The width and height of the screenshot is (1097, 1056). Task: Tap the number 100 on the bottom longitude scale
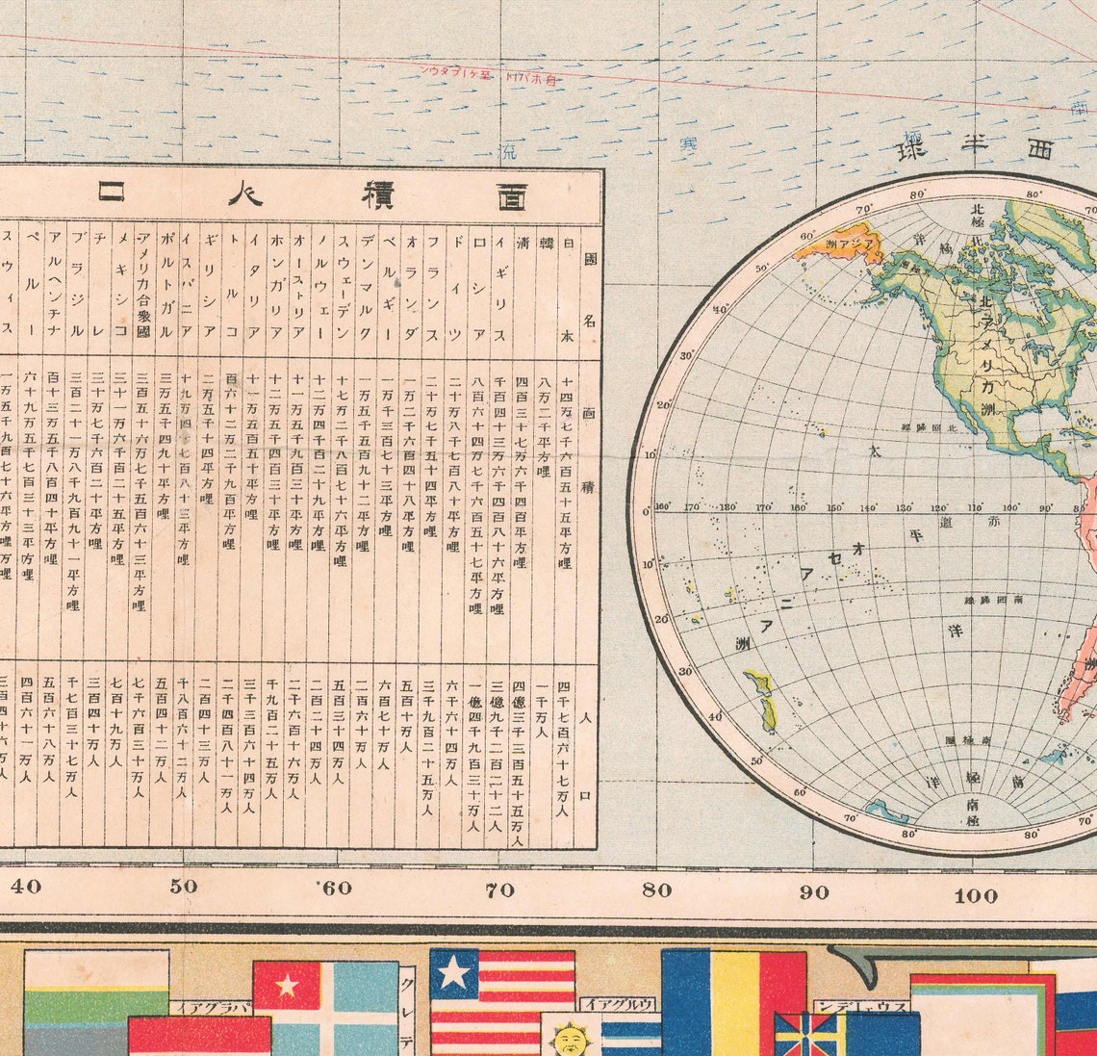pyautogui.click(x=976, y=896)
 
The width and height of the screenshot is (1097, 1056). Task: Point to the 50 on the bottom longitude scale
pyautogui.click(x=183, y=887)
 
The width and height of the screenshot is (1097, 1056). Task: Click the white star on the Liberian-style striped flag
pyautogui.click(x=453, y=972)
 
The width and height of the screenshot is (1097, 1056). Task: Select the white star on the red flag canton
pyautogui.click(x=287, y=985)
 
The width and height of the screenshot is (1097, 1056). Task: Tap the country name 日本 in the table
pyautogui.click(x=565, y=288)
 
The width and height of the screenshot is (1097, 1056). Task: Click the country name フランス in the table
pyautogui.click(x=432, y=288)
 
